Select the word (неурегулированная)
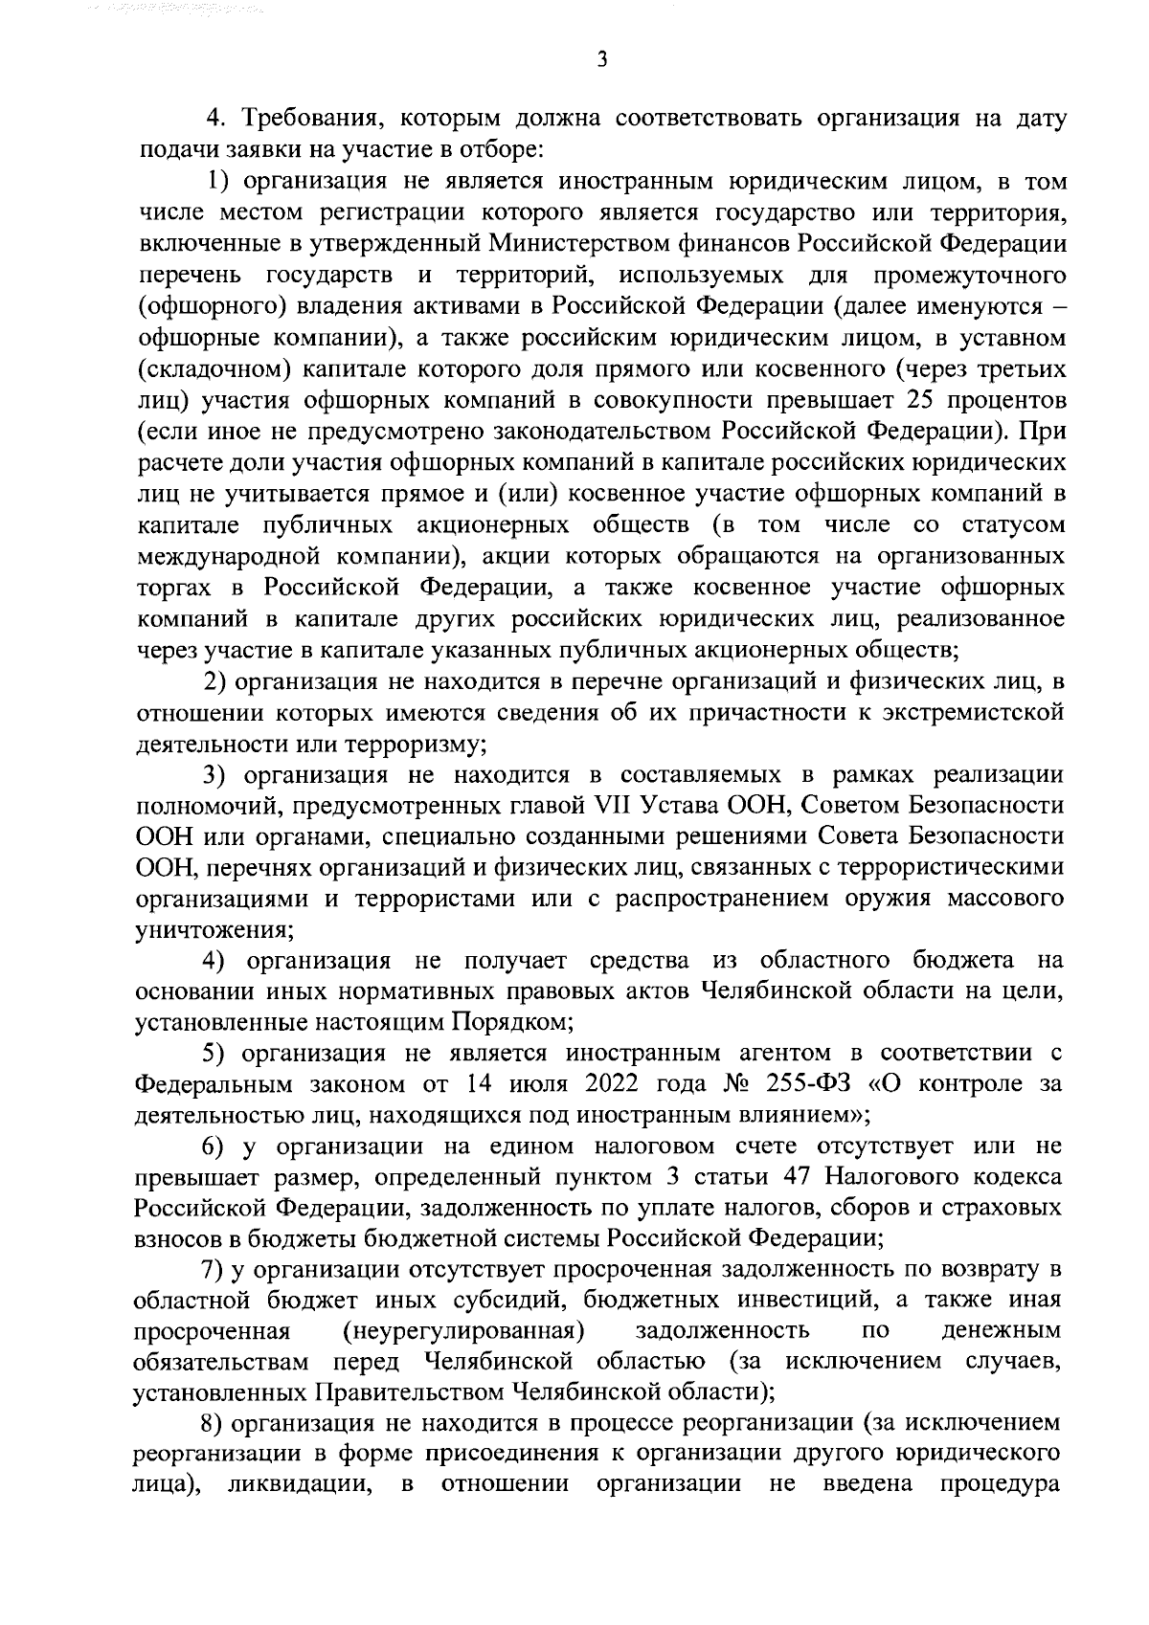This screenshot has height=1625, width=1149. click(x=463, y=1330)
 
